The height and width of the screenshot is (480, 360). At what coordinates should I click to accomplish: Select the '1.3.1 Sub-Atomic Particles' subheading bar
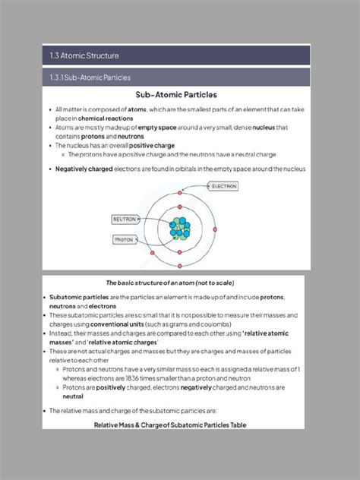click(x=87, y=77)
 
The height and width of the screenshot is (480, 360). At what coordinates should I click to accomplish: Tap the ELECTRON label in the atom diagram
click(x=224, y=186)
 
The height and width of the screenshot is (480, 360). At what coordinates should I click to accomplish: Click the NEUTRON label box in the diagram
click(x=125, y=219)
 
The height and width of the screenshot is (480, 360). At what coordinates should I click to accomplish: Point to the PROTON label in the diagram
click(x=124, y=239)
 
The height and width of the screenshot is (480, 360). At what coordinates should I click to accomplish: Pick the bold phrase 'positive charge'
click(x=152, y=145)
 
